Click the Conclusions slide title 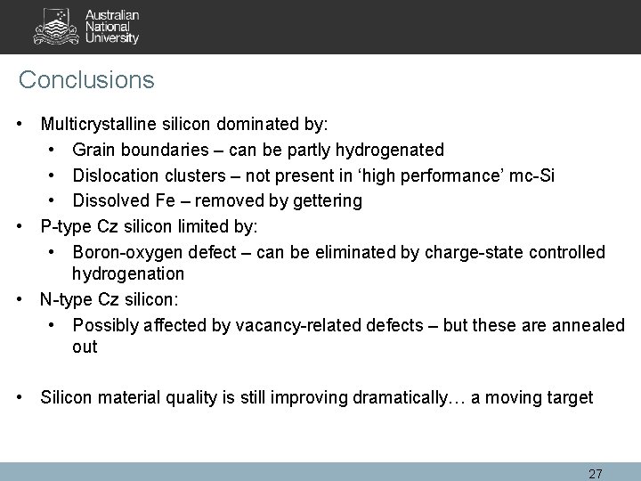(86, 80)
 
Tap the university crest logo (54, 28)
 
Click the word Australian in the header (113, 15)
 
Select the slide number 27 (596, 471)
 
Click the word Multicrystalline (98, 124)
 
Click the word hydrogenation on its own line (128, 273)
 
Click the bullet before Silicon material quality (20, 397)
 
